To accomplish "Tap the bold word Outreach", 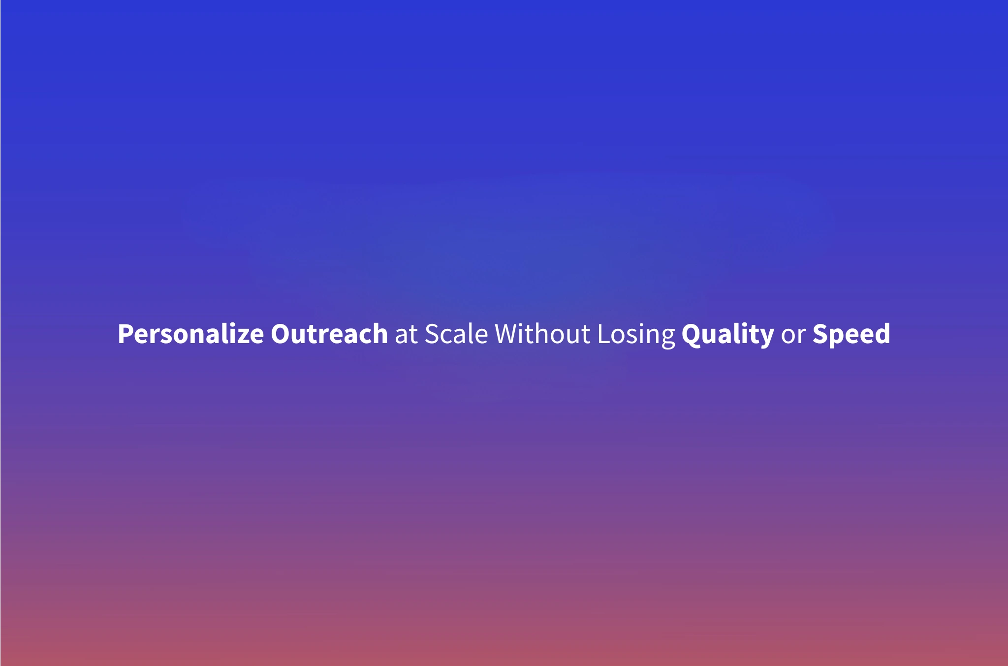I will (329, 334).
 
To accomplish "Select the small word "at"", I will (406, 335).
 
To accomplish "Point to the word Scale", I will (456, 334).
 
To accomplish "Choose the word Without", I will (542, 334).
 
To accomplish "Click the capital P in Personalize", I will (126, 334).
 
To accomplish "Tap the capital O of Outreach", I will (281, 334).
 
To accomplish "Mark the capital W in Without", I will (507, 334).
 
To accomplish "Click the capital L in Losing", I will (603, 334).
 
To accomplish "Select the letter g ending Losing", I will (668, 338).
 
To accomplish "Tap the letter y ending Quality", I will (767, 338).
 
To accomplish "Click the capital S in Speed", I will (820, 334).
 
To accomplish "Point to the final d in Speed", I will (882, 334).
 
